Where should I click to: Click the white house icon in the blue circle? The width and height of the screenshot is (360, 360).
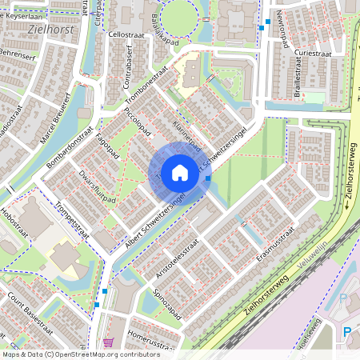point(179,172)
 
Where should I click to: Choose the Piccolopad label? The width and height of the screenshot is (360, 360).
point(137,124)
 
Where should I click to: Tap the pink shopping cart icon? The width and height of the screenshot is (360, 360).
point(107,342)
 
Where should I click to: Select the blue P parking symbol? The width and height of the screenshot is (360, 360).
point(347,332)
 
